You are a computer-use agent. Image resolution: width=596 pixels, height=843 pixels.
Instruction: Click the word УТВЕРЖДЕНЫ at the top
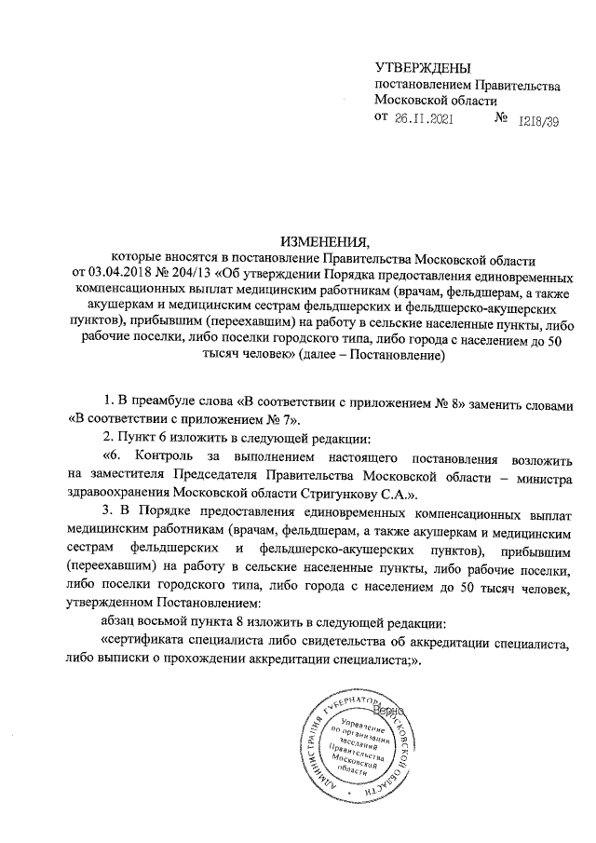(x=422, y=68)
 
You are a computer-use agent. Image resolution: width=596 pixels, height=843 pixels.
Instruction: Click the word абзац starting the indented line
(x=120, y=622)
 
